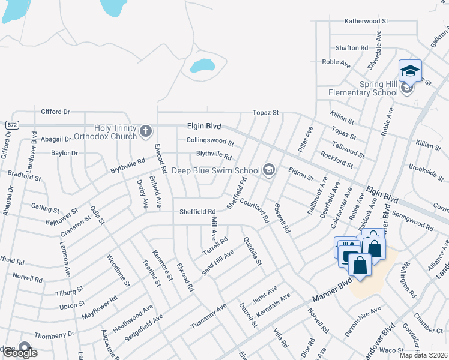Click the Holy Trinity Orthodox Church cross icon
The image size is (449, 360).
pyautogui.click(x=145, y=130)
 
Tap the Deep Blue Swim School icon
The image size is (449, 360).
pyautogui.click(x=269, y=170)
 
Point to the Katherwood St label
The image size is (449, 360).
pyautogui.click(x=366, y=21)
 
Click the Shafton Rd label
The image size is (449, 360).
pyautogui.click(x=352, y=48)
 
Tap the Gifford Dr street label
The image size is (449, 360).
pyautogui.click(x=55, y=112)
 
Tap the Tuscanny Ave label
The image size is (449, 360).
pyautogui.click(x=208, y=316)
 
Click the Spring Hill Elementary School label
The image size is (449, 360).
pyautogui.click(x=363, y=88)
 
